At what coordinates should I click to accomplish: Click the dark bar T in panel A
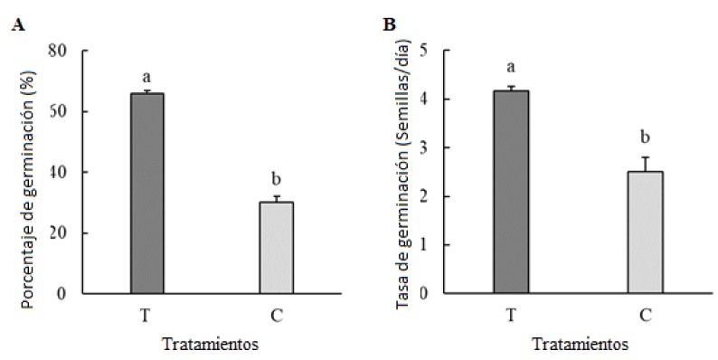coord(147,194)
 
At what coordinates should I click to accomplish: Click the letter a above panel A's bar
coord(146,76)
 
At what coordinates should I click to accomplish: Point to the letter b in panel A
coord(277,178)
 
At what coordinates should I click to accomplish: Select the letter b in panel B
coord(645,137)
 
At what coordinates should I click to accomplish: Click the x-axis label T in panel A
coord(147,314)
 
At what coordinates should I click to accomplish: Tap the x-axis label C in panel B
coord(645,314)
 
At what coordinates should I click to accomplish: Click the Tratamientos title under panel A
coord(212,344)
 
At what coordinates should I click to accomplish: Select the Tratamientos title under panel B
coord(579,344)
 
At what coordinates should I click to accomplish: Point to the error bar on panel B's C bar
coord(645,163)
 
